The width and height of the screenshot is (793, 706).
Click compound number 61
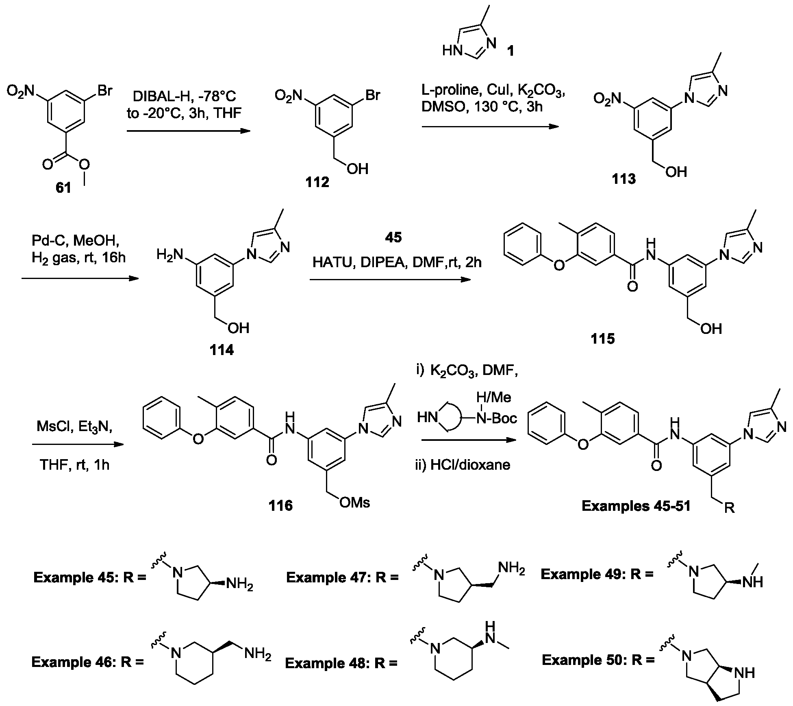point(63,188)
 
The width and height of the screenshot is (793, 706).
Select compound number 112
point(317,182)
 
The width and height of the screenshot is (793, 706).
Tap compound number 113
point(624,179)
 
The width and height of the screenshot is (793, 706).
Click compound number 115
point(603,338)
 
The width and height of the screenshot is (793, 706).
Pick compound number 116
point(280,505)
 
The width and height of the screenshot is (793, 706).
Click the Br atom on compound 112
point(373,95)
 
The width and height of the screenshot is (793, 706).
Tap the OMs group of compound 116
point(354,503)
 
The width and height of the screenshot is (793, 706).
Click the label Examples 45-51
point(636,506)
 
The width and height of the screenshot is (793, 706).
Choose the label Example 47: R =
point(342,577)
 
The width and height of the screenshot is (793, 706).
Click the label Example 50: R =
point(598,660)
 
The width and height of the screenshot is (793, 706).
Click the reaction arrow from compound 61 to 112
point(188,131)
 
